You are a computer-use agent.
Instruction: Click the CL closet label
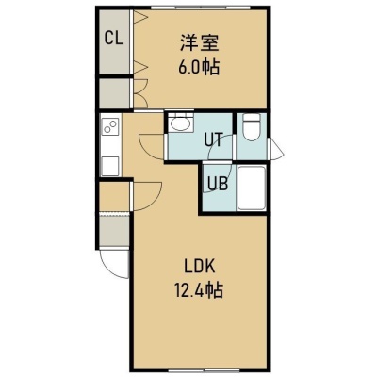pyautogui.click(x=114, y=39)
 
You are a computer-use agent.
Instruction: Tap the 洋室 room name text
pyautogui.click(x=199, y=43)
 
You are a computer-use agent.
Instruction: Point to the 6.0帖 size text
pyautogui.click(x=199, y=67)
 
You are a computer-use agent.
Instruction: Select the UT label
pyautogui.click(x=214, y=139)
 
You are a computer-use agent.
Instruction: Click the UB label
pyautogui.click(x=218, y=184)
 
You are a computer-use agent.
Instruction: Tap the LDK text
pyautogui.click(x=199, y=267)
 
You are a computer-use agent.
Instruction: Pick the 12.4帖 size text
pyautogui.click(x=199, y=290)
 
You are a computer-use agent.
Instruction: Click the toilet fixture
pyautogui.click(x=252, y=127)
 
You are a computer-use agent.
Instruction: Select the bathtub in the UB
pyautogui.click(x=252, y=188)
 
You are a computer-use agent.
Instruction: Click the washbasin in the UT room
pyautogui.click(x=180, y=123)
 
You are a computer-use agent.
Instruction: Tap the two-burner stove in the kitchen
pyautogui.click(x=110, y=126)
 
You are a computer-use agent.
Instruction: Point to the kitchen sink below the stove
pyautogui.click(x=110, y=166)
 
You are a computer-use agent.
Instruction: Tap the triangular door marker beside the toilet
pyautogui.click(x=277, y=150)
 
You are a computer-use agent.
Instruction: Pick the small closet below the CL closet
pyautogui.click(x=114, y=93)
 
